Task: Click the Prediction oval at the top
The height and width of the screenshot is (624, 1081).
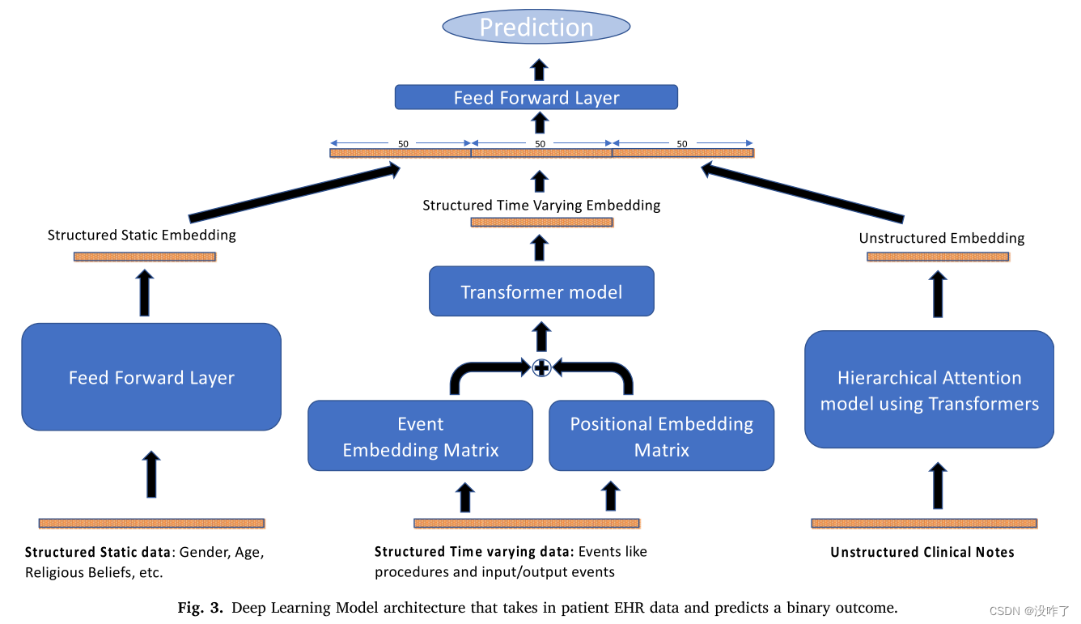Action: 536,27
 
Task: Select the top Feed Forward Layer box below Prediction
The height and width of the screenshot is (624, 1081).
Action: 536,98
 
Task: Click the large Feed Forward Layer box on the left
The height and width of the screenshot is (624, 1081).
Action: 151,377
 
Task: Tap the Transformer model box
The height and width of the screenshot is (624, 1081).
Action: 541,291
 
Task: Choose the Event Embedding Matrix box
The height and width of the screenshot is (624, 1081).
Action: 420,436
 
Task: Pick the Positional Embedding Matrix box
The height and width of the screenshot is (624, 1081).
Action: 661,436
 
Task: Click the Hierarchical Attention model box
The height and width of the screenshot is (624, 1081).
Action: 929,390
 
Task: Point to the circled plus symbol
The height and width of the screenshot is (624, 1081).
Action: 541,368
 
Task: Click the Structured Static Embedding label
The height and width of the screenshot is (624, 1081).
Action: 142,236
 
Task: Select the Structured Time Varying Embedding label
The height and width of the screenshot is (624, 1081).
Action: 541,206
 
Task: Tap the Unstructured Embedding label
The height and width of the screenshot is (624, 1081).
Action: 941,238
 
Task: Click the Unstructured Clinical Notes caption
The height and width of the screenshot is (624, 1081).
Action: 922,552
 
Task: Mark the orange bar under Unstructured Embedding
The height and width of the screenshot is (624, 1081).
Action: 938,257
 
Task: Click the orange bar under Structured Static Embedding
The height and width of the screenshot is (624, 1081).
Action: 144,257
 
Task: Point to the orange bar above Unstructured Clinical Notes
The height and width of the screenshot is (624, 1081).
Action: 923,524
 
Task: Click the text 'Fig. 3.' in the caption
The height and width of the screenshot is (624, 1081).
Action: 200,608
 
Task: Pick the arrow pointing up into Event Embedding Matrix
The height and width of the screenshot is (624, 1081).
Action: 465,496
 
